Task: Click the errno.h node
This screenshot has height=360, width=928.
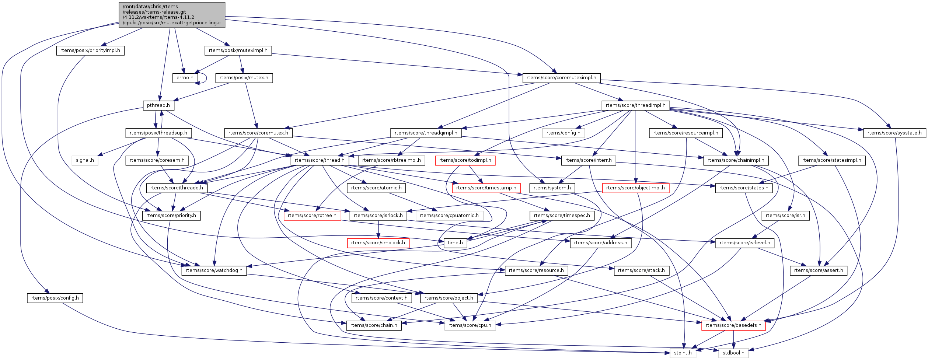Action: click(x=185, y=78)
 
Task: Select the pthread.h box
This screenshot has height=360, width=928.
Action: click(x=158, y=105)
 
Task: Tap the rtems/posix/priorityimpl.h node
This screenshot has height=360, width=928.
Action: click(x=90, y=50)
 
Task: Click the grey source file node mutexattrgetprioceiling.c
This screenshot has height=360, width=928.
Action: click(x=172, y=15)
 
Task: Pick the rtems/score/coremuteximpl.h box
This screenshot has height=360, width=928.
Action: click(x=561, y=78)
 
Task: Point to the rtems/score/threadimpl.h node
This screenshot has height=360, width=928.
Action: click(x=635, y=105)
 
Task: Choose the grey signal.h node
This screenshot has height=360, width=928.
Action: click(x=85, y=160)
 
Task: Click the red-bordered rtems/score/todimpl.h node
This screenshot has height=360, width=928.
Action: click(x=465, y=160)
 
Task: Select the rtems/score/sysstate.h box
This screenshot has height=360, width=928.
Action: click(x=894, y=133)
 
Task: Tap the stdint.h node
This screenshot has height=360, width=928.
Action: click(x=683, y=353)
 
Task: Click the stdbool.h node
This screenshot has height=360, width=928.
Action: click(x=733, y=353)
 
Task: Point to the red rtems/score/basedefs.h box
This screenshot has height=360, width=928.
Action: click(x=733, y=325)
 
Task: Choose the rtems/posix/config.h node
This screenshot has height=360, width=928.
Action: click(x=55, y=298)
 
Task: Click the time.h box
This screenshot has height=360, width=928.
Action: click(x=455, y=243)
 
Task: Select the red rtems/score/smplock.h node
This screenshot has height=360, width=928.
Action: click(x=378, y=243)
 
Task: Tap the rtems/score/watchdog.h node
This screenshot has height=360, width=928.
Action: click(x=214, y=270)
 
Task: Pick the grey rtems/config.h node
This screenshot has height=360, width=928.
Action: click(x=563, y=133)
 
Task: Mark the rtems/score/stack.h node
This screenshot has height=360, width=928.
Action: click(x=641, y=270)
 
